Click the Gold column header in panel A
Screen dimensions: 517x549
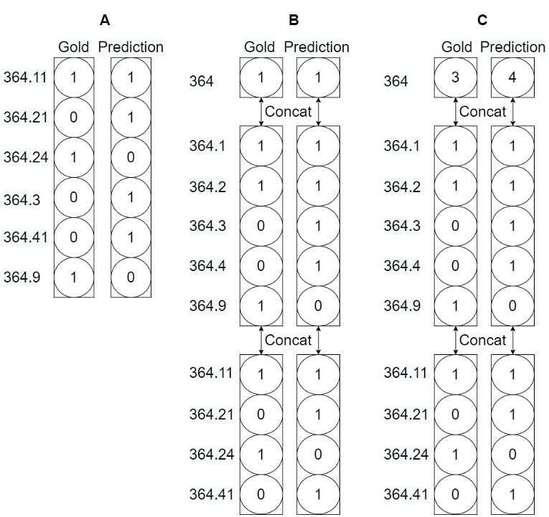pos(73,48)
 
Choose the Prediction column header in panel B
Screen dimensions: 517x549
pos(316,48)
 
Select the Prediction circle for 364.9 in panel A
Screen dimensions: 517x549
pos(130,277)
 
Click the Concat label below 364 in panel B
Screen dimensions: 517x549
pos(288,111)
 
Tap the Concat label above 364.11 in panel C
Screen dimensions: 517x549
pos(483,339)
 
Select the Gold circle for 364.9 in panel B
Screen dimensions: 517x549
pos(261,306)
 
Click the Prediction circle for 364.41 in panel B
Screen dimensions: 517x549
pos(316,494)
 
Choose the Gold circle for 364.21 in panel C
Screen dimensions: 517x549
pos(456,414)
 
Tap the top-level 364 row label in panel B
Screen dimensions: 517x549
pos(201,82)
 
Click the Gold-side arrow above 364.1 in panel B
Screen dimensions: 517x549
pos(261,111)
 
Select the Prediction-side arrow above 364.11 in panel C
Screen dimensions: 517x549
pos(512,339)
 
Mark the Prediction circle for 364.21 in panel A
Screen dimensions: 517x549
pos(130,118)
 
